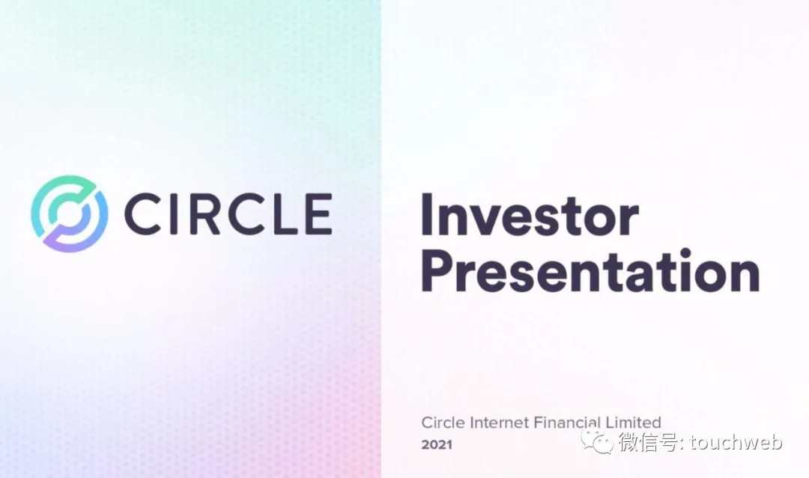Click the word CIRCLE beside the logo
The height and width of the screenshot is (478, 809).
pos(228,214)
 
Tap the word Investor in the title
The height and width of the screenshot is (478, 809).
pos(530,215)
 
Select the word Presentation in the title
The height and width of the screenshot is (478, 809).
pos(590,270)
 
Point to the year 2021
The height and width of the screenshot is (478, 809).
pos(437,444)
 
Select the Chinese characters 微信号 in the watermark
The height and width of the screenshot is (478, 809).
pos(647,442)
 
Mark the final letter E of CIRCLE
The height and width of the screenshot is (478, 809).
pos(318,214)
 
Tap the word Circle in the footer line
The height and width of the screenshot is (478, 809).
pos(443,423)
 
